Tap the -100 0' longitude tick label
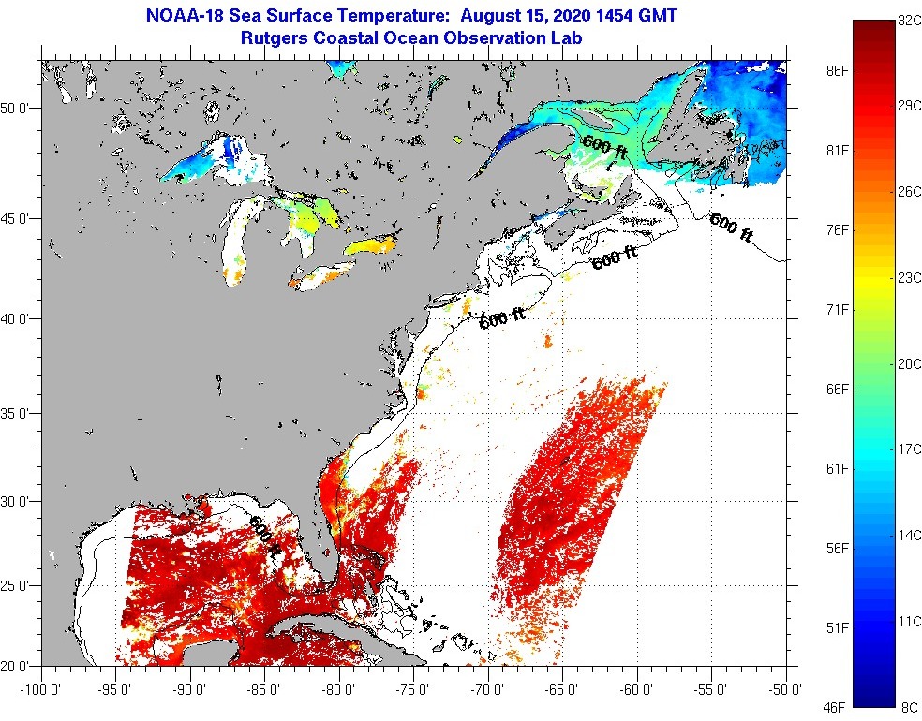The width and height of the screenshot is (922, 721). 40,690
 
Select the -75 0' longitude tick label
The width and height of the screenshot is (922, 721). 413,690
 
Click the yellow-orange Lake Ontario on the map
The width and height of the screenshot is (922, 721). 370,247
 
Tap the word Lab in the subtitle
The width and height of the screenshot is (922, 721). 566,38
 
